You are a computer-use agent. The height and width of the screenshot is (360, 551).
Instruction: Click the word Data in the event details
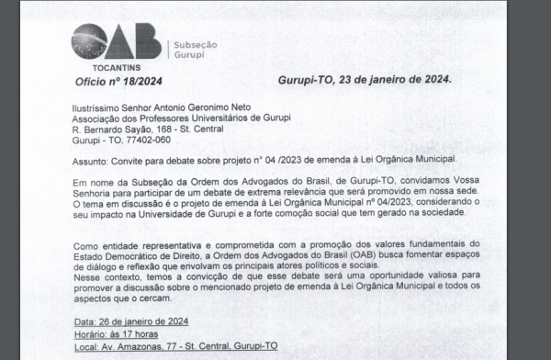point(84,322)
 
